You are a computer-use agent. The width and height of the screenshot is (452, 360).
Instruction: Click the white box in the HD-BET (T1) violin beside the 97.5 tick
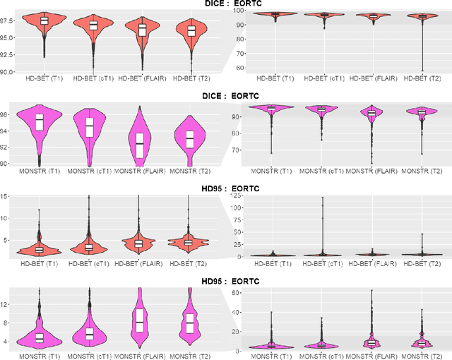[x=44, y=20]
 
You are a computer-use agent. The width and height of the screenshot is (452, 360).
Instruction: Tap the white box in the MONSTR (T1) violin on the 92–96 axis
[x=40, y=121]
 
